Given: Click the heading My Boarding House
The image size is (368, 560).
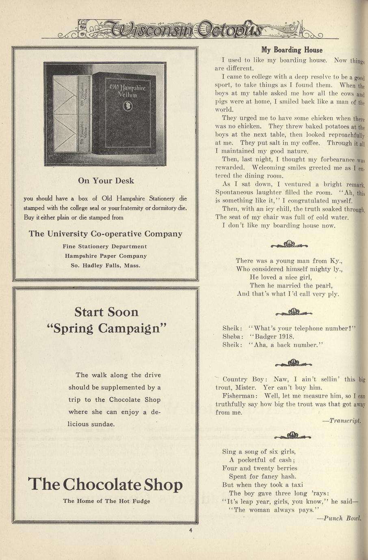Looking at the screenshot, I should (x=292, y=50).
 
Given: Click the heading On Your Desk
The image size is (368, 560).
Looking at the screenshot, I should (x=106, y=181).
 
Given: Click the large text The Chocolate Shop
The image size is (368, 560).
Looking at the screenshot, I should (x=105, y=484).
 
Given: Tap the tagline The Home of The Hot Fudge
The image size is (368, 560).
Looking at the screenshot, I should (x=106, y=501).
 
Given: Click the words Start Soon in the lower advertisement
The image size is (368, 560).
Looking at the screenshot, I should (x=106, y=312).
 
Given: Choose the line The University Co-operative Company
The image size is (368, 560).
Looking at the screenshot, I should (x=105, y=234).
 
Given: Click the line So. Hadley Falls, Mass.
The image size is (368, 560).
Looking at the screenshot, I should (x=105, y=266).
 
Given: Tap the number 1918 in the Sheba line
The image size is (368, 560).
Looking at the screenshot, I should (x=286, y=336).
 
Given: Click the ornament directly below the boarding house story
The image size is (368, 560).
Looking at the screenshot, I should (x=289, y=244).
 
